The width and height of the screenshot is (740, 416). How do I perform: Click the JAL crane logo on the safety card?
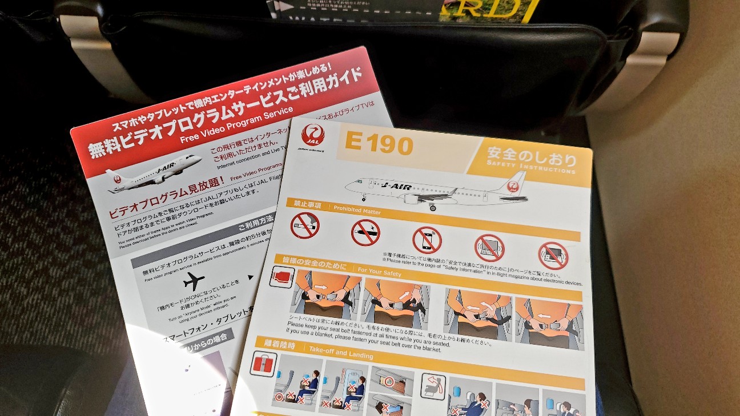click(x=312, y=135)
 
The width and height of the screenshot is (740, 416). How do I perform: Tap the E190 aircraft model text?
click(x=379, y=144)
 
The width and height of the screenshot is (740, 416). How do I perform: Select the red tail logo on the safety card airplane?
click(x=514, y=185)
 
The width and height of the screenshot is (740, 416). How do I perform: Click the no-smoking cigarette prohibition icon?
click(x=304, y=225)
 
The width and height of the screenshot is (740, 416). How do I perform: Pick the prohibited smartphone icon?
click(x=427, y=240)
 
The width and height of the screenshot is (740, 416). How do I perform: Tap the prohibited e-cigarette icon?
click(x=365, y=232)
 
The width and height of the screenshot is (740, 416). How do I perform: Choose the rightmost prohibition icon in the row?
click(x=553, y=256)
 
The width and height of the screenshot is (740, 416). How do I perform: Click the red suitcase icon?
click(x=263, y=364)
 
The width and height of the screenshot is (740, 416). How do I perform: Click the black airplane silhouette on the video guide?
click(x=194, y=281)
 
